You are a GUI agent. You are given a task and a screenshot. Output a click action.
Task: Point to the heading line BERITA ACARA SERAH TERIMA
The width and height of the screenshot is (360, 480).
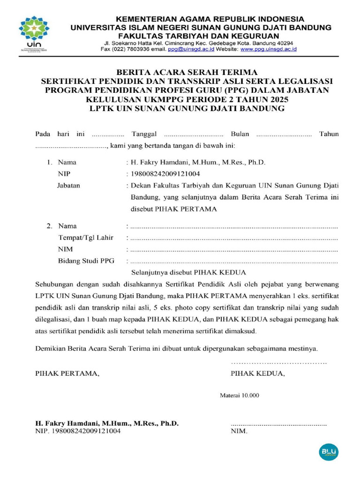pos(187,72)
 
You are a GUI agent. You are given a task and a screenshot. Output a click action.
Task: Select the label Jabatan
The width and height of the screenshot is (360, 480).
pos(68,185)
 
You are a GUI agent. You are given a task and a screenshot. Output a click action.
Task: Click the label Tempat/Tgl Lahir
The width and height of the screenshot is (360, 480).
pos(85,238)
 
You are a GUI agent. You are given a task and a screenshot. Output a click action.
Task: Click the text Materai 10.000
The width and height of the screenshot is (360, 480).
pos(239,395)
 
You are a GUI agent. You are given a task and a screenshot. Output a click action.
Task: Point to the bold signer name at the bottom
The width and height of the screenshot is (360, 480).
pos(107,423)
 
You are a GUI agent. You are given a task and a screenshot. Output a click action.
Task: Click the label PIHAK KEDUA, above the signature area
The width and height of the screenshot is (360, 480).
pos(257,374)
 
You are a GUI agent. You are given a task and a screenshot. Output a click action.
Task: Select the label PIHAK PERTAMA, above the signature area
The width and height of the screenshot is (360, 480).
pos(67,374)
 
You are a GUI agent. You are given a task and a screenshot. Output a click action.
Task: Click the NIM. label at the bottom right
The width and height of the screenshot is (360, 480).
pos(239,431)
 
